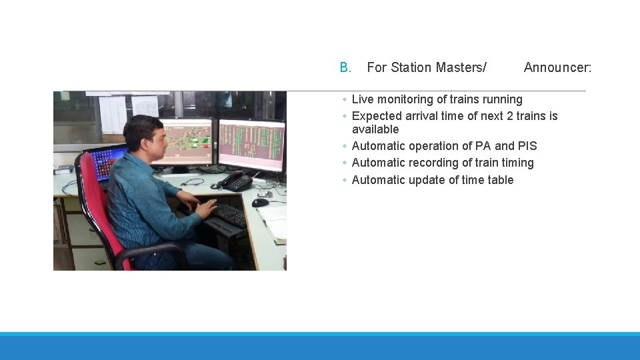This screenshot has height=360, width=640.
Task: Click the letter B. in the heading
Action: click(345, 67)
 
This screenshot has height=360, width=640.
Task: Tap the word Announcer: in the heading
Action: click(557, 67)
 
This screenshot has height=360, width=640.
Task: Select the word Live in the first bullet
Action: click(363, 99)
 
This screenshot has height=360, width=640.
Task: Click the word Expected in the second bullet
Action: click(376, 116)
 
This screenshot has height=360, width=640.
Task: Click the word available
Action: click(375, 129)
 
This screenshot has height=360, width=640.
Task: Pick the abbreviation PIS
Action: click(527, 146)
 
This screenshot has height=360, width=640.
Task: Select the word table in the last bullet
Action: click(500, 180)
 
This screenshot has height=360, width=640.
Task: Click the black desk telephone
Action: click(236, 181)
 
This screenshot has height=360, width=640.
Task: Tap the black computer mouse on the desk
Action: click(260, 203)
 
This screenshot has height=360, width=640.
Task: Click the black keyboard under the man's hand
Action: click(229, 215)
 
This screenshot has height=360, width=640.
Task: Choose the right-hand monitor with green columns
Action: click(251, 144)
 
